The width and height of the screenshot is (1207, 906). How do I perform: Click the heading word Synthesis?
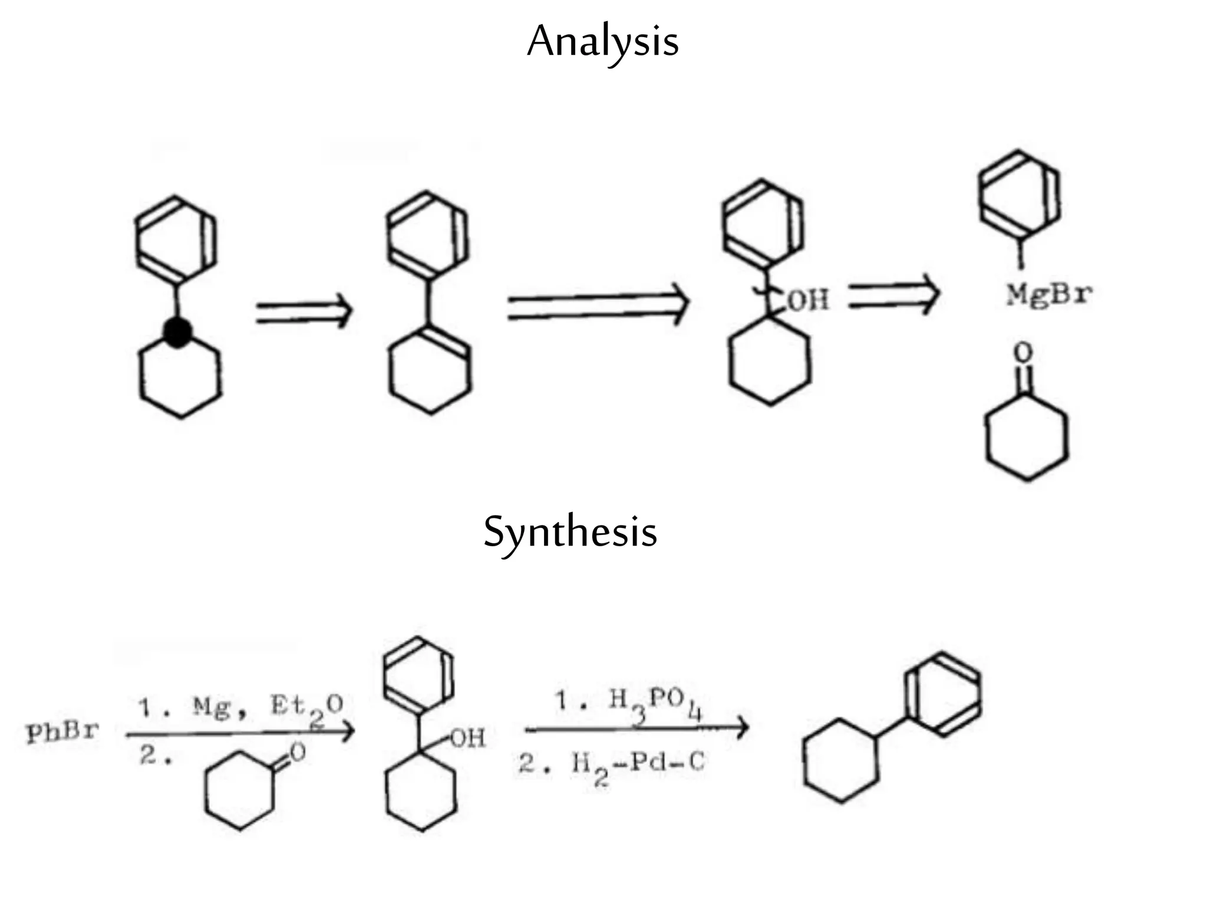[570, 532]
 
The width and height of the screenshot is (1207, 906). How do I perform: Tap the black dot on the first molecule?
[177, 333]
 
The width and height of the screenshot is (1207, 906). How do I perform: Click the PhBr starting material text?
[62, 733]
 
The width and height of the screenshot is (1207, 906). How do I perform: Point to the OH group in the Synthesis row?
[469, 738]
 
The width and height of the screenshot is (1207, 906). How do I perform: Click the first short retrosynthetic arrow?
[304, 311]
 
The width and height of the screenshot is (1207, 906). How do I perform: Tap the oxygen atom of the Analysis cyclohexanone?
[1023, 353]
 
